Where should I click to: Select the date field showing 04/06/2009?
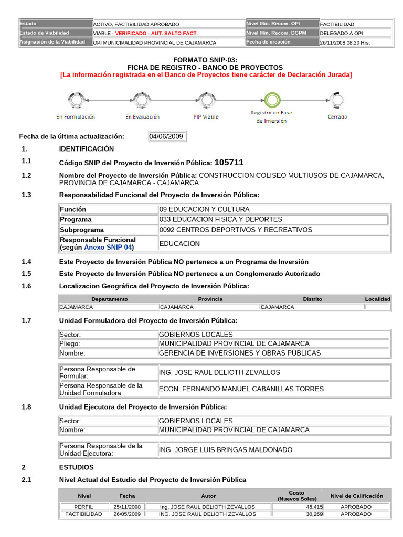[166, 136]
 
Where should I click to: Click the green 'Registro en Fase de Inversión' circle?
[272, 100]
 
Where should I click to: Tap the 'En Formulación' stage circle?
[76, 100]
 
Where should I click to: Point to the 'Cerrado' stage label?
[337, 117]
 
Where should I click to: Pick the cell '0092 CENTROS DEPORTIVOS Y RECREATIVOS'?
[235, 230]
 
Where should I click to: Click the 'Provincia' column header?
[210, 299]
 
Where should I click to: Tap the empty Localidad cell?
[377, 307]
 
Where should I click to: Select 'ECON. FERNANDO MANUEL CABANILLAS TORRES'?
[241, 389]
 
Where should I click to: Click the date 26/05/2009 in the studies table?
[127, 514]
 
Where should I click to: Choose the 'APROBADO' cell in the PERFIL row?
[356, 507]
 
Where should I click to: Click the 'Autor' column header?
[208, 496]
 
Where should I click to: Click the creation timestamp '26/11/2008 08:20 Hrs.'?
[345, 43]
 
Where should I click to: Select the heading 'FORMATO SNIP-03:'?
[205, 61]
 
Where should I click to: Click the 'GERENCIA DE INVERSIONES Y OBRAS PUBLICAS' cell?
[239, 353]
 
